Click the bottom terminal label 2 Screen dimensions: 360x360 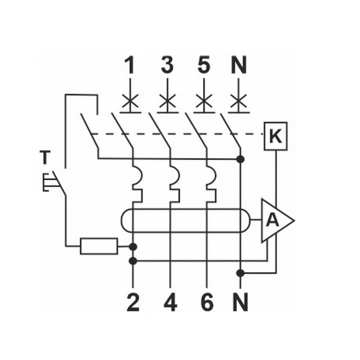coord(133,303)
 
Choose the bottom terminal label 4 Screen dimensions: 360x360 coord(170,303)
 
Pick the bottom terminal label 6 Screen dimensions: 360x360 coord(207,303)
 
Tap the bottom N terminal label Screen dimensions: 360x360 coord(241,303)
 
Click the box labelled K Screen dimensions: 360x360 coord(275,136)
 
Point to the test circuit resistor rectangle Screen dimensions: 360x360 coord(99,246)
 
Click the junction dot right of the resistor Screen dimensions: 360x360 coord(133,246)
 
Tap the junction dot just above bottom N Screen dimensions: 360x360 coord(241,272)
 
